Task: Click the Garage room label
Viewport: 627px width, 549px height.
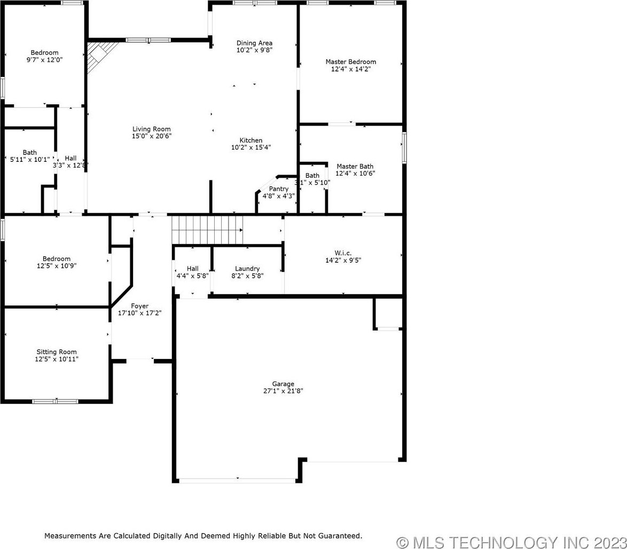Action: (283, 384)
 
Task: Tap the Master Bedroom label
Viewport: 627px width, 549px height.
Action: (351, 61)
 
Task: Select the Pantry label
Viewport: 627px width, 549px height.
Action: (279, 189)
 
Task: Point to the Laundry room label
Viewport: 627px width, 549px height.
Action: (247, 269)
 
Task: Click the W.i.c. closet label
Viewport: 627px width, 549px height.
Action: (343, 253)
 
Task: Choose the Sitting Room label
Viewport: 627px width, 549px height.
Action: (57, 352)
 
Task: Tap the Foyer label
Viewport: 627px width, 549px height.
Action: (139, 306)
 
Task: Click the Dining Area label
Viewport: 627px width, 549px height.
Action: (254, 43)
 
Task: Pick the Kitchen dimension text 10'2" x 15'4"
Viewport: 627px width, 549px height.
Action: (251, 147)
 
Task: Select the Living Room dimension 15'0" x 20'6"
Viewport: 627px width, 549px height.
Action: (152, 136)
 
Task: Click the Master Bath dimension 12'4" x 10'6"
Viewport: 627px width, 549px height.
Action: (355, 173)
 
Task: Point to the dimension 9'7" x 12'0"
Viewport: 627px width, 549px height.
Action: (44, 60)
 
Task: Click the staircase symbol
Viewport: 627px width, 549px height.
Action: (207, 230)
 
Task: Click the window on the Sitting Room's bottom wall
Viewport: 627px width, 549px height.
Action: (55, 401)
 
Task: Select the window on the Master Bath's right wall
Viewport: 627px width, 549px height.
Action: (404, 147)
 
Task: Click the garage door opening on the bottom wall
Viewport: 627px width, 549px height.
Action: (238, 480)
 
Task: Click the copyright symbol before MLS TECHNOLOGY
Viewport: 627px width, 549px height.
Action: (403, 543)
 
